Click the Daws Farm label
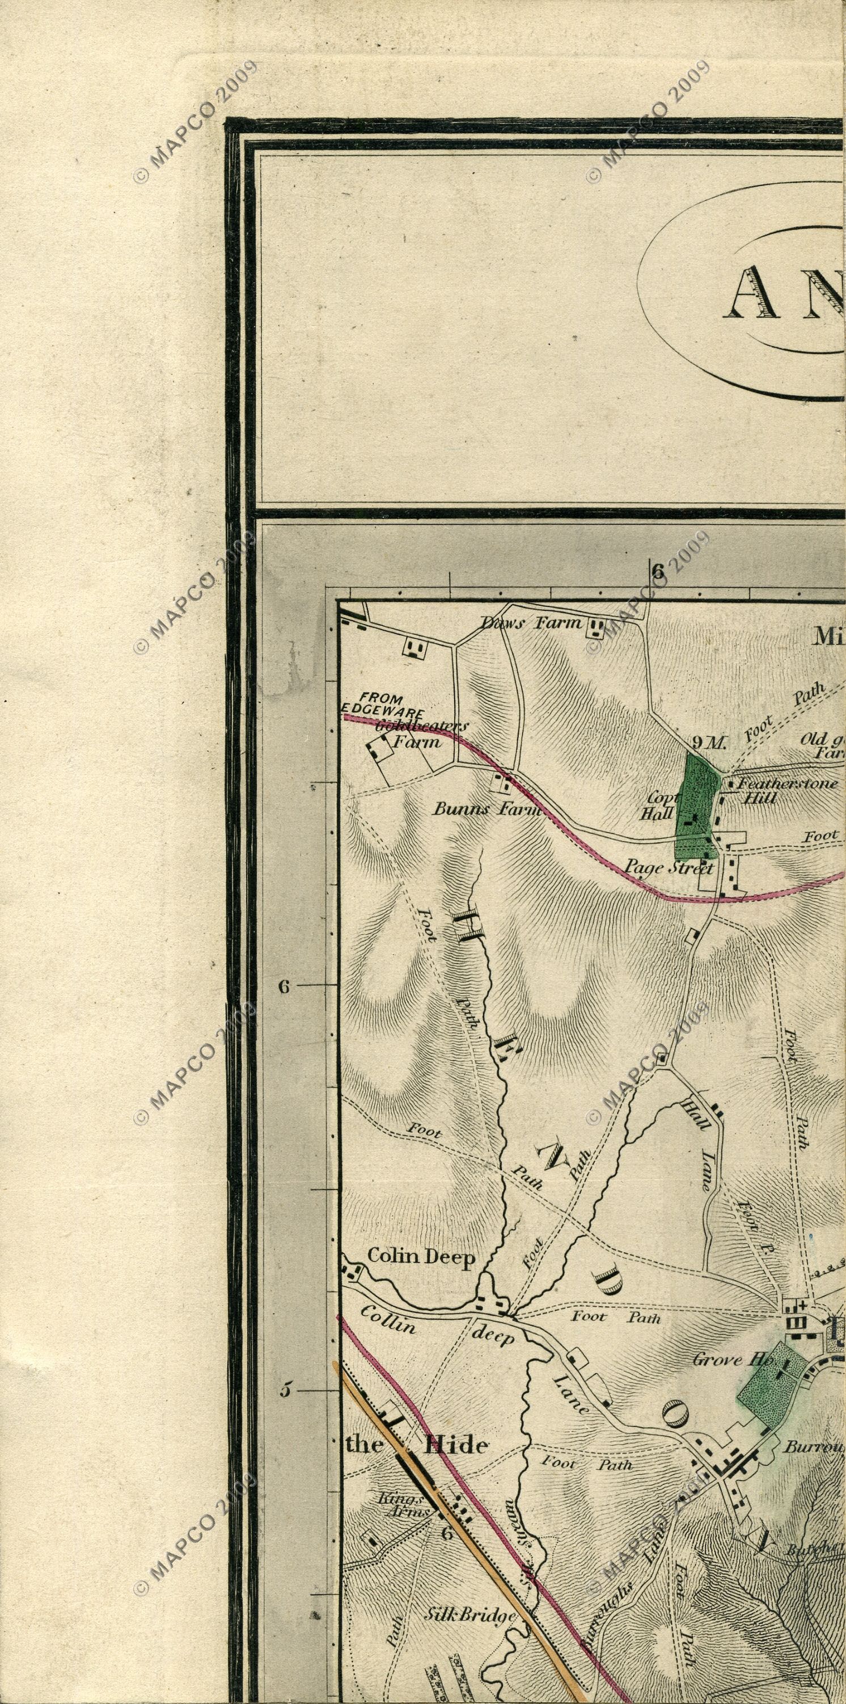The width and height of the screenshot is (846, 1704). [x=531, y=622]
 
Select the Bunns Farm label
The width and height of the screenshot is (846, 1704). [x=487, y=809]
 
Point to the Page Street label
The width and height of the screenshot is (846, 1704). [x=670, y=867]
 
